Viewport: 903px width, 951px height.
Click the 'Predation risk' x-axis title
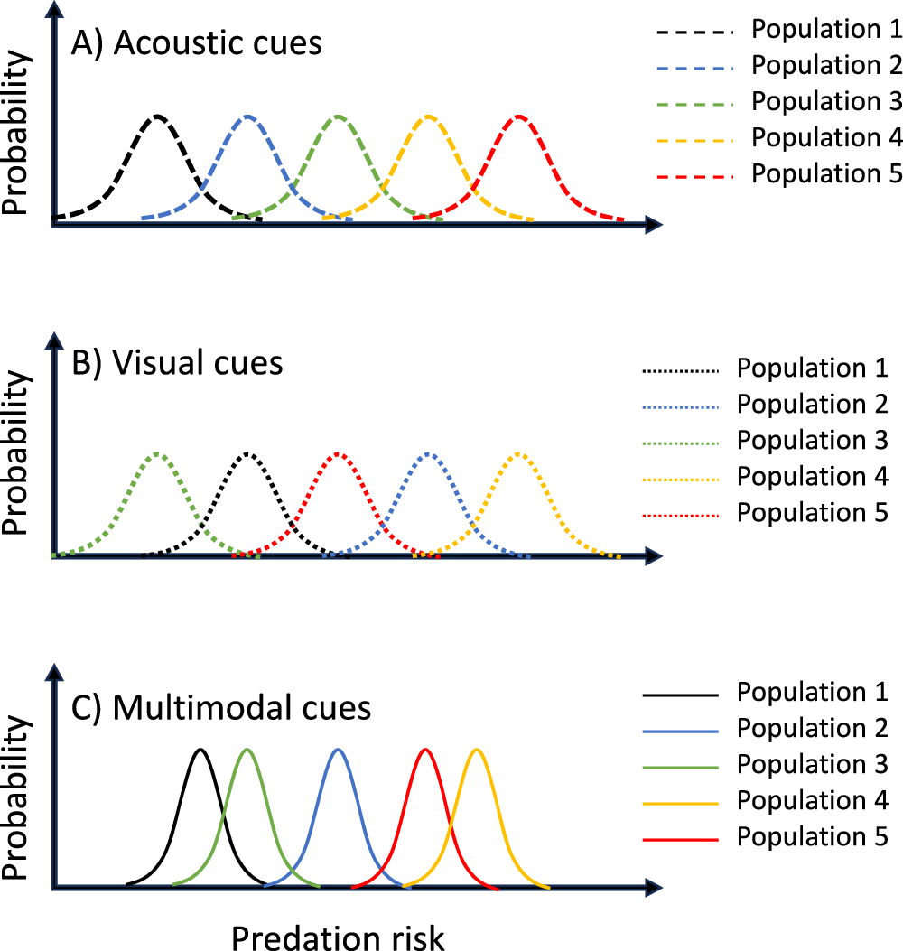pos(339,937)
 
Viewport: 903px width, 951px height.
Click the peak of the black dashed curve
pos(158,116)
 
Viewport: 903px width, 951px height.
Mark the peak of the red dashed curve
pos(519,116)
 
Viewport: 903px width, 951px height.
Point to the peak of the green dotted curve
pos(158,452)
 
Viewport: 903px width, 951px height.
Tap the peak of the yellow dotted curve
pos(519,452)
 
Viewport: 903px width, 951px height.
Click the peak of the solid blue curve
pos(338,749)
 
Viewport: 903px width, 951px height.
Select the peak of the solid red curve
pos(424,749)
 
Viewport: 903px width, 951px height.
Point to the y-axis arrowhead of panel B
pos(54,342)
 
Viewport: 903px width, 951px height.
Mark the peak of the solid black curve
pos(200,749)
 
